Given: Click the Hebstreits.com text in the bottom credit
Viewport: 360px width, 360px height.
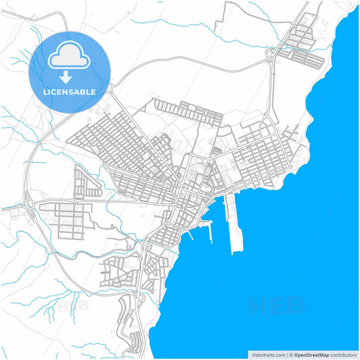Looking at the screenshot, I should point(266,355).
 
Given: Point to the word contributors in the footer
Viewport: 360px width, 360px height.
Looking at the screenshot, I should point(344,355).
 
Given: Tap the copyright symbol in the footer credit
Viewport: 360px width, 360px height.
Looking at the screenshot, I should point(290,355).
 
